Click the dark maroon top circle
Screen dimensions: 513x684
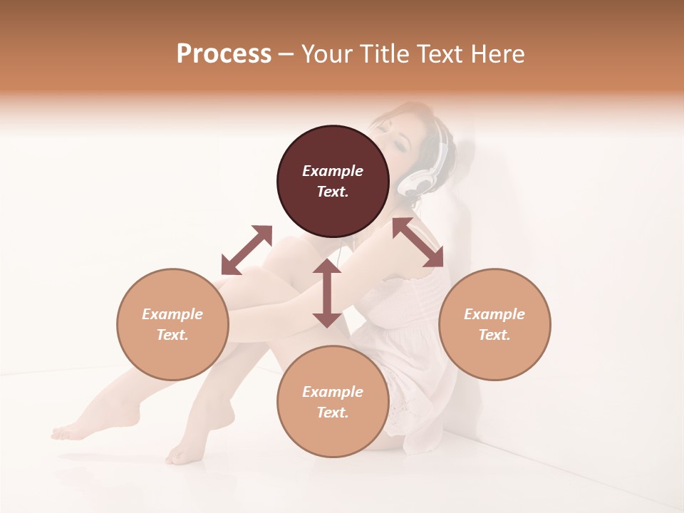tap(333, 182)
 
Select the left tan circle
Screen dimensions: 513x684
tap(172, 324)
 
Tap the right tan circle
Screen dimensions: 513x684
tap(494, 324)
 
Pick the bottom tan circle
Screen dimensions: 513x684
tap(333, 402)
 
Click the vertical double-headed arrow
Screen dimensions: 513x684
tap(327, 293)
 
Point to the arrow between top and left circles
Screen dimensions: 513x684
tap(247, 250)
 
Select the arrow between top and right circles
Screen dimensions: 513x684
tap(418, 242)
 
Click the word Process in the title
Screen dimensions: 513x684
tap(224, 54)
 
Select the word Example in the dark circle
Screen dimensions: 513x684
tap(333, 171)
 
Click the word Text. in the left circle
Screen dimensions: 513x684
tap(172, 335)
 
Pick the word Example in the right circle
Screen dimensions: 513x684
tap(494, 314)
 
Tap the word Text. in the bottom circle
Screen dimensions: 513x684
tap(333, 413)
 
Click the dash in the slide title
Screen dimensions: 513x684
tap(286, 54)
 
